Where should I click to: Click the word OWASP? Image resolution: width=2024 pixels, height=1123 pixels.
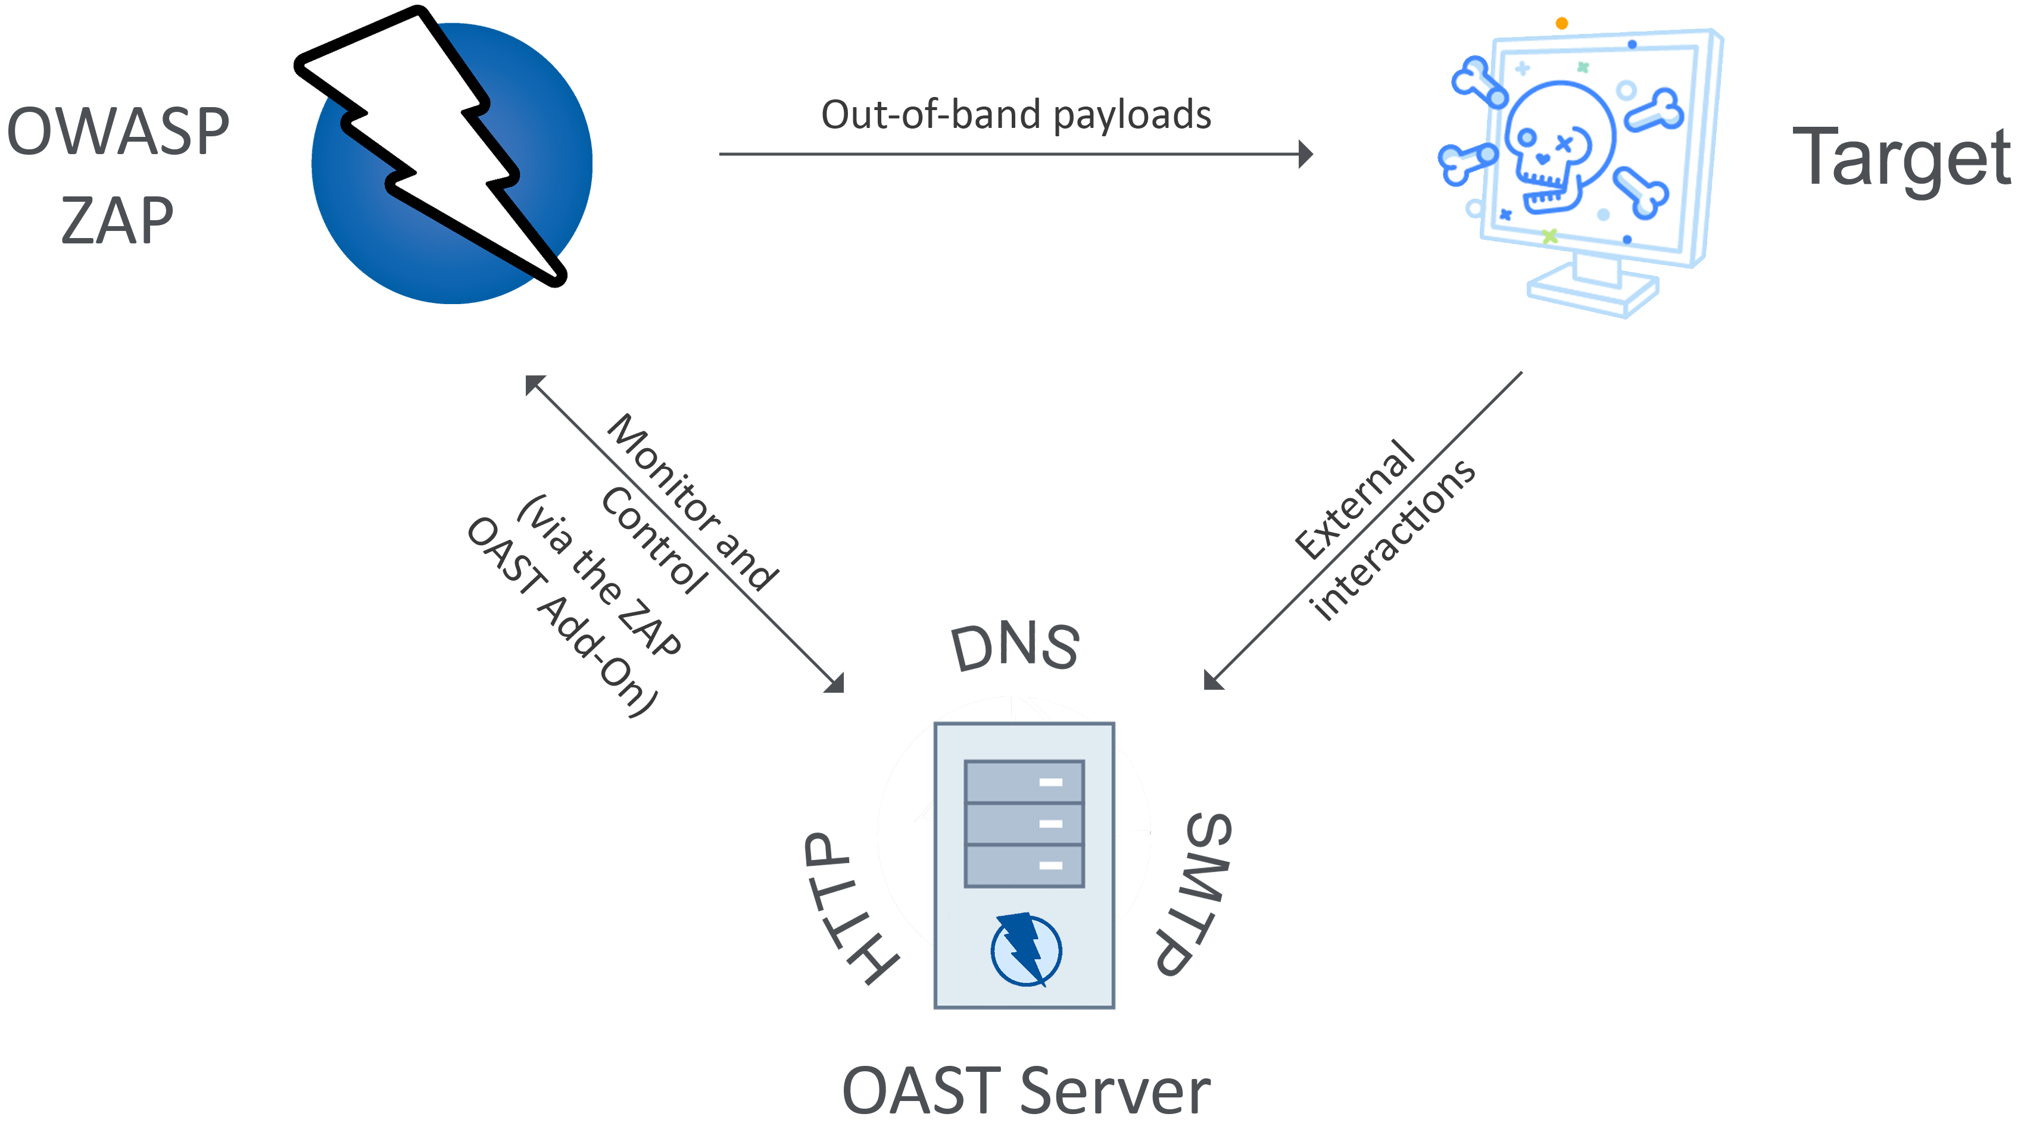118,131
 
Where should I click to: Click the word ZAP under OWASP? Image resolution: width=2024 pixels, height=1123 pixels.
118,221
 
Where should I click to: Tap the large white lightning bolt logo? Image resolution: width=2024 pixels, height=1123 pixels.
431,145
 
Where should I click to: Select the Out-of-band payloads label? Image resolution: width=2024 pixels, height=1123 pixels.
1016,115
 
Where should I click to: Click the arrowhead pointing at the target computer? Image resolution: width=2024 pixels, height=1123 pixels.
1305,154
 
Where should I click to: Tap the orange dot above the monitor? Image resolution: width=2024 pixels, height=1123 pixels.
1562,24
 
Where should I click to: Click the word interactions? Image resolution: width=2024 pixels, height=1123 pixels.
1393,540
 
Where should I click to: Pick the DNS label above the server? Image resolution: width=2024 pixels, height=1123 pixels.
1015,646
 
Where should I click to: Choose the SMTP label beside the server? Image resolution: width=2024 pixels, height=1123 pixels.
1193,894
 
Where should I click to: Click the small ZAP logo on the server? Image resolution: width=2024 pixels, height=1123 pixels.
1025,949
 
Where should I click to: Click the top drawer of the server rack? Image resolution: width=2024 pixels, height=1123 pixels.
1024,781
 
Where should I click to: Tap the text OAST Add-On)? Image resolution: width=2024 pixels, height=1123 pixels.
562,617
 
